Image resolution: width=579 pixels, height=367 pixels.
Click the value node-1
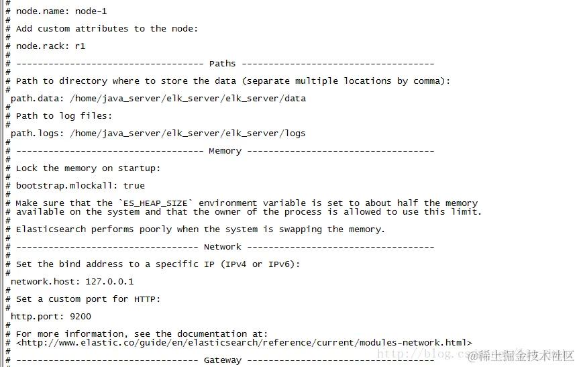(x=91, y=11)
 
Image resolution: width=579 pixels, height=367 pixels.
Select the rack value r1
(x=80, y=46)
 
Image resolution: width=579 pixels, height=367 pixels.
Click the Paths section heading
(x=222, y=64)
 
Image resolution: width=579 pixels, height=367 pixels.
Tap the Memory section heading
(x=225, y=151)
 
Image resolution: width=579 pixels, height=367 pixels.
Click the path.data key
(x=37, y=99)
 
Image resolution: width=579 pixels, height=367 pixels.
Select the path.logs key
(x=37, y=134)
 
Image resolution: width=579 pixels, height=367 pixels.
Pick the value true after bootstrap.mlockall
(x=134, y=186)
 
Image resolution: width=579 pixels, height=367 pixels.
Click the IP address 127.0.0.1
(x=109, y=282)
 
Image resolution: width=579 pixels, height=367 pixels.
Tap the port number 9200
(x=80, y=317)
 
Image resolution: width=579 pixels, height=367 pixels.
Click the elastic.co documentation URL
(x=244, y=343)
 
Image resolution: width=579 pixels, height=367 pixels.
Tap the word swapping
(x=300, y=229)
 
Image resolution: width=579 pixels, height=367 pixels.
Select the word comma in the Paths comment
(x=429, y=81)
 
